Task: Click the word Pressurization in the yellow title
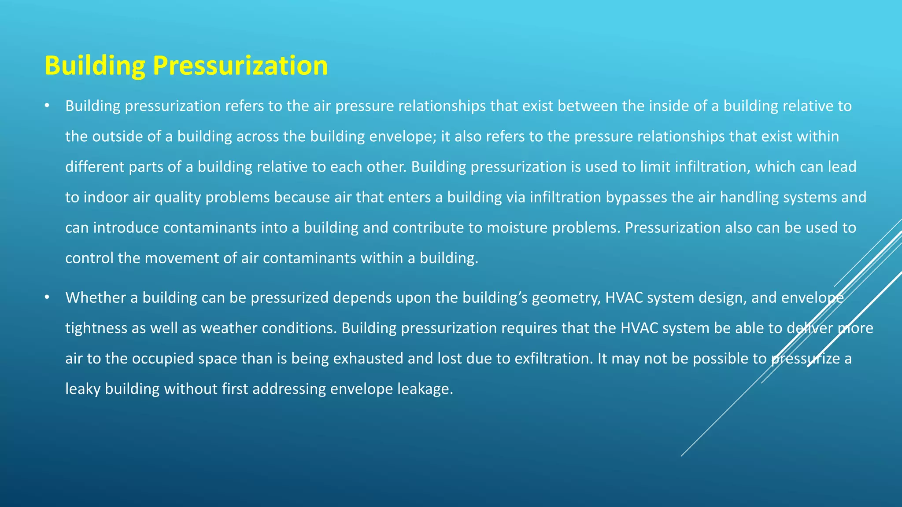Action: [x=240, y=66]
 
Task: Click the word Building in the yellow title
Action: [x=95, y=66]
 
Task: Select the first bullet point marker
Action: [x=47, y=106]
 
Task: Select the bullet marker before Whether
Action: [x=47, y=298]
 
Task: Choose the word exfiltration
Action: [x=552, y=359]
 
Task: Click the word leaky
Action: [x=83, y=389]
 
